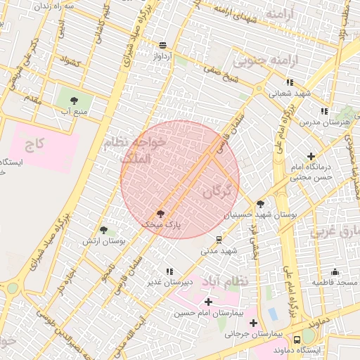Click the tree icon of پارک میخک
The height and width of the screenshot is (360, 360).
[x=160, y=213]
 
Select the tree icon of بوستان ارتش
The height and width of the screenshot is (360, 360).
[x=104, y=230]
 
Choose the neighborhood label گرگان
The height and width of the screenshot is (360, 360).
[x=216, y=191]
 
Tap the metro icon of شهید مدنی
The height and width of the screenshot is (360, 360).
[x=219, y=240]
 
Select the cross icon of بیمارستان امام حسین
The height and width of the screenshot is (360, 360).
[x=208, y=302]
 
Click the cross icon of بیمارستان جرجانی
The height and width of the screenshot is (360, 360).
[x=253, y=323]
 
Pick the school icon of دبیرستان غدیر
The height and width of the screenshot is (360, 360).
[x=169, y=271]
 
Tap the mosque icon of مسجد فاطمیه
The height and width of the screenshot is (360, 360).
[x=335, y=271]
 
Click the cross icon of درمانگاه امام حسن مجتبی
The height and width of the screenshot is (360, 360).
[x=311, y=156]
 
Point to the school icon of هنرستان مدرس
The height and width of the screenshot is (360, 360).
[x=323, y=111]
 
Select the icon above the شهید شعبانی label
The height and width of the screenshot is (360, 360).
[x=290, y=82]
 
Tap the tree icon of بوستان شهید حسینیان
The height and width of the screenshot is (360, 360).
[x=260, y=202]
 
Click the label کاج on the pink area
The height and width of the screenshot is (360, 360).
[x=34, y=146]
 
